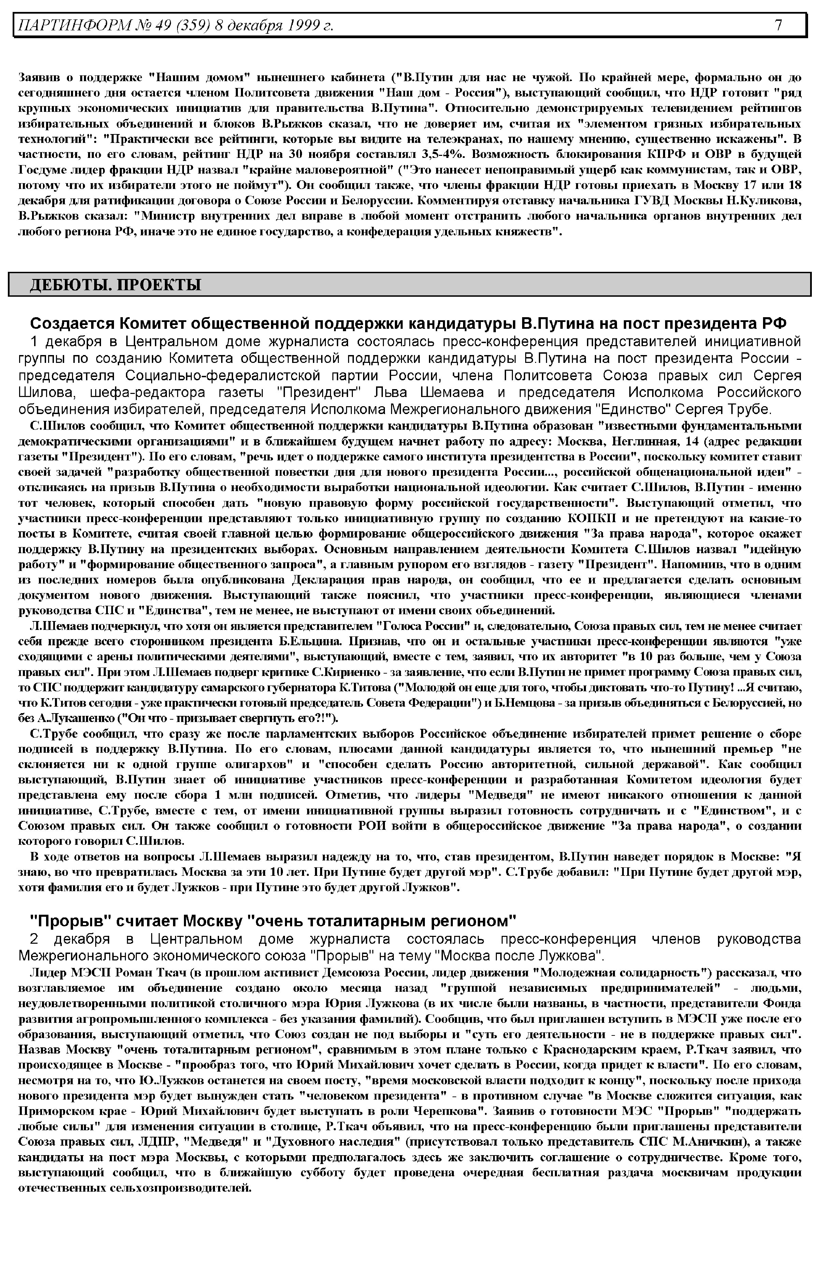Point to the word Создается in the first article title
71,324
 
